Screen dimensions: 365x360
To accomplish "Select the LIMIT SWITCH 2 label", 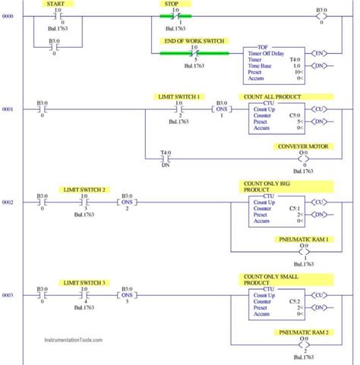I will [x=84, y=189].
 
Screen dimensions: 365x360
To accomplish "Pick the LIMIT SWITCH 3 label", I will [x=84, y=282].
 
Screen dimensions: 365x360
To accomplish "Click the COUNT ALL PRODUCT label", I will [x=271, y=97].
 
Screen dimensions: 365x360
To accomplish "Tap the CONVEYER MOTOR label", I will [x=303, y=146].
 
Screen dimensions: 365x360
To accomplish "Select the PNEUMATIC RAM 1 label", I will [x=303, y=239].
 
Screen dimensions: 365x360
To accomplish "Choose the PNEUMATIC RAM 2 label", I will [x=303, y=332].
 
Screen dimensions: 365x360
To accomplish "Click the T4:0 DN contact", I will [x=166, y=158].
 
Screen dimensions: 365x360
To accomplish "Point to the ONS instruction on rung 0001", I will [x=222, y=110].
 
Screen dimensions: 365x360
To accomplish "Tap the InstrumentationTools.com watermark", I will [x=67, y=341].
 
